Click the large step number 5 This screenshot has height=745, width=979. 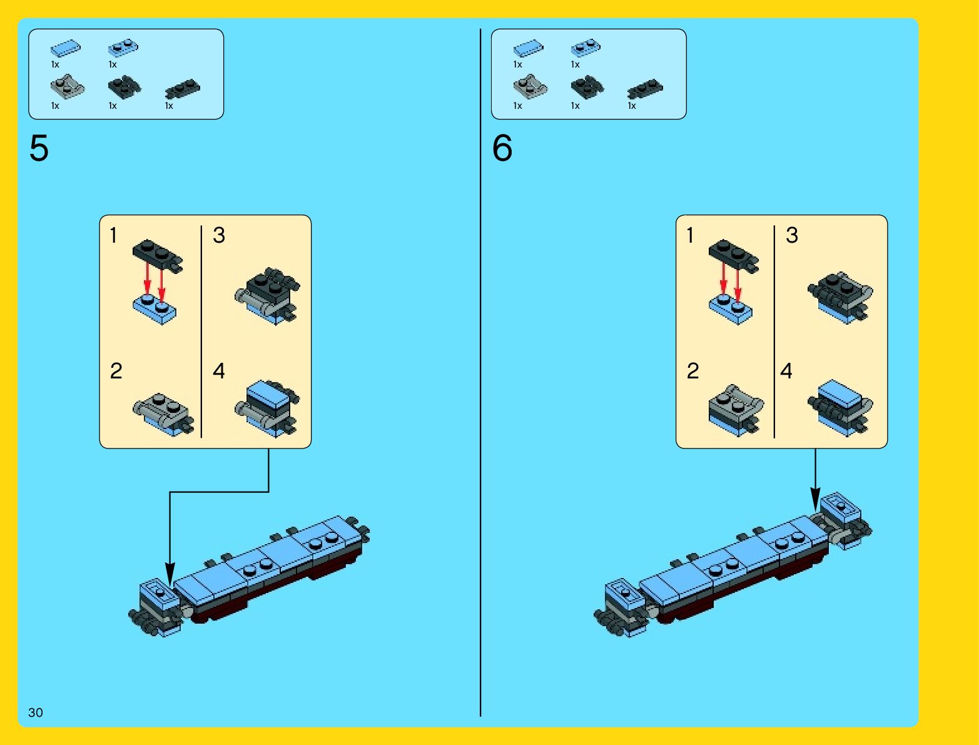[39, 149]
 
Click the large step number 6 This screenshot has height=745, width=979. [502, 149]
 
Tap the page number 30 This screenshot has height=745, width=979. [36, 712]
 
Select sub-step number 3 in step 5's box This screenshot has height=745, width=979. [219, 236]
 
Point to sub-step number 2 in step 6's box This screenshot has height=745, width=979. [692, 372]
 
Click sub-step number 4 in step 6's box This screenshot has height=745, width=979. [786, 372]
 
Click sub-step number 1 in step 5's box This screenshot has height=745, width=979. [113, 236]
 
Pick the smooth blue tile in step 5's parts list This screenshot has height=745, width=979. [66, 48]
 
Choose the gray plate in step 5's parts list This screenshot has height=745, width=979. [67, 86]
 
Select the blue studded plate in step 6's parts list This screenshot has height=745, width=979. [586, 48]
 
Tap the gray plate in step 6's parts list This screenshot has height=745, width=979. [530, 86]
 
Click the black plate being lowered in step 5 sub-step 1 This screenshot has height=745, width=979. [158, 253]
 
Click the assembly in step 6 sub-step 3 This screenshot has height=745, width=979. [840, 296]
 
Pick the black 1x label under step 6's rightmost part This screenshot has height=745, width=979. [632, 106]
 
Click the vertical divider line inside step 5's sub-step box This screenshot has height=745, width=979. [201, 332]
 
